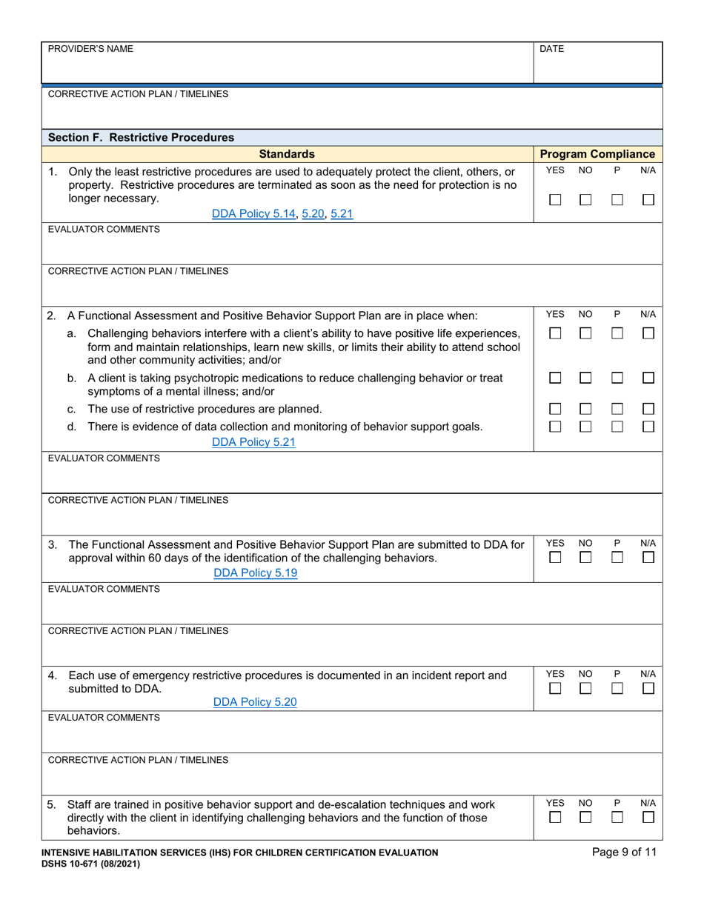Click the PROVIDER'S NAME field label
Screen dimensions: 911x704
(x=90, y=49)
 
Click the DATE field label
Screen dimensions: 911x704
(x=552, y=49)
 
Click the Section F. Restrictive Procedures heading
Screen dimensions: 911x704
(x=141, y=137)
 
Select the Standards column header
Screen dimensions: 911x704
(x=287, y=154)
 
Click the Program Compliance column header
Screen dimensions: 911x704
(x=597, y=154)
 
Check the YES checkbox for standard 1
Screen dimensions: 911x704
(x=555, y=200)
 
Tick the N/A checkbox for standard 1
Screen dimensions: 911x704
(x=648, y=200)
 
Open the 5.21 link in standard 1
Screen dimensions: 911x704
(x=342, y=213)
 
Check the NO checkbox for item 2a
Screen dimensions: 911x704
(x=585, y=334)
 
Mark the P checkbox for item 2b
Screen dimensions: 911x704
(x=617, y=378)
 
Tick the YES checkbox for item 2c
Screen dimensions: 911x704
(x=555, y=409)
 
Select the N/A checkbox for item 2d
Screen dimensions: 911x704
(x=648, y=426)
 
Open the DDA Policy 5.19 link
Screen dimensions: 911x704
(x=255, y=573)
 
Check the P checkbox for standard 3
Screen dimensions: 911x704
(x=617, y=558)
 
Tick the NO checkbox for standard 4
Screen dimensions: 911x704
(x=585, y=689)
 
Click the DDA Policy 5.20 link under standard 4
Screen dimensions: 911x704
(x=255, y=702)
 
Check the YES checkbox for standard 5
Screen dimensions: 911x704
(x=555, y=818)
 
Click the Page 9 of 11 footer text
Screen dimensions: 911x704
(x=624, y=852)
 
